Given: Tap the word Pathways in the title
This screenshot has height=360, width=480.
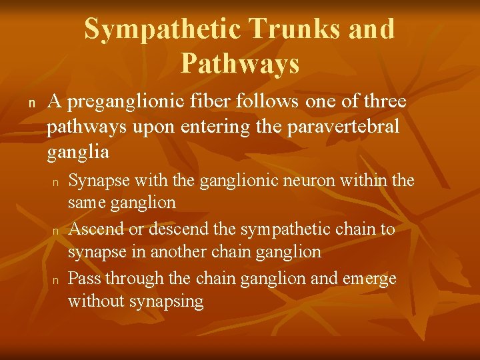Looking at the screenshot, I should click(239, 64).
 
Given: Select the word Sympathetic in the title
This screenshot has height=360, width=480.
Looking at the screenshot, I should click(165, 29).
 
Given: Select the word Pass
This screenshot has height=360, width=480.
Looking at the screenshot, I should click(83, 278).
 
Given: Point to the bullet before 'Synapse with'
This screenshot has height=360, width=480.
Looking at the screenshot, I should click(57, 181).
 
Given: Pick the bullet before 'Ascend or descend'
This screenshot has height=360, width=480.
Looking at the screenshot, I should click(57, 231).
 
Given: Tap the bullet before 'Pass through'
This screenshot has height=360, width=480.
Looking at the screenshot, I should click(57, 279).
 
